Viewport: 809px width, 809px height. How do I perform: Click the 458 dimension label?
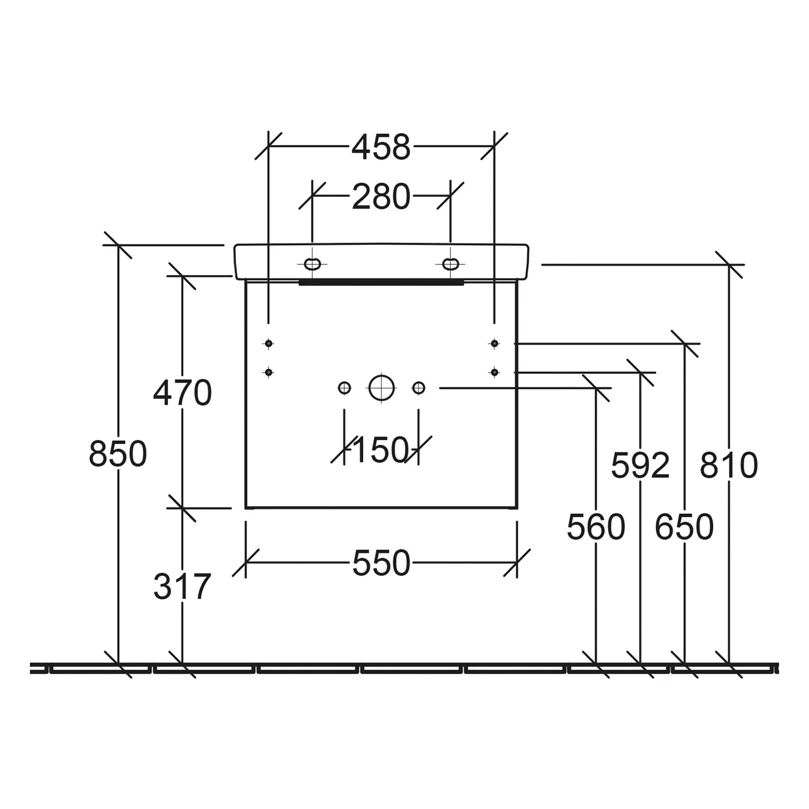click(381, 147)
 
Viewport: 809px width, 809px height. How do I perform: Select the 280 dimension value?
click(381, 197)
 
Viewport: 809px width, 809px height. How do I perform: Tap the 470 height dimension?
click(182, 393)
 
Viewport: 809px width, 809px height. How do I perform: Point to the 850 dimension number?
click(118, 454)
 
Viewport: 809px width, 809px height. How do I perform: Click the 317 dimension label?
click(182, 586)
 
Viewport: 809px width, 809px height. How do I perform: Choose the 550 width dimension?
click(381, 564)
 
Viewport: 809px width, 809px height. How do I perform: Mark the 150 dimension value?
click(380, 450)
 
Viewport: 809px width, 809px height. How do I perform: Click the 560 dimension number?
click(596, 527)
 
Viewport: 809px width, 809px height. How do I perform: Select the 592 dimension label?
click(640, 465)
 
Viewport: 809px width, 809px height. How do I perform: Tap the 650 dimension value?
click(684, 527)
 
